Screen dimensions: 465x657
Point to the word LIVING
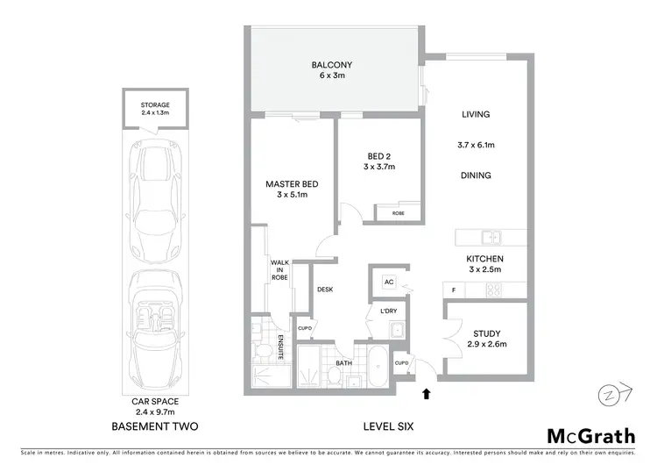[x=476, y=114]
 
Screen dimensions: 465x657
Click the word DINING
[x=476, y=175]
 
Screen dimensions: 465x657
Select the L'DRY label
[x=388, y=311]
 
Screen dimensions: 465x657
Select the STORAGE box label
[x=155, y=109]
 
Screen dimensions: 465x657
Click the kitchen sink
[x=492, y=236]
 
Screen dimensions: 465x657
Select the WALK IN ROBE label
[x=279, y=268]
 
